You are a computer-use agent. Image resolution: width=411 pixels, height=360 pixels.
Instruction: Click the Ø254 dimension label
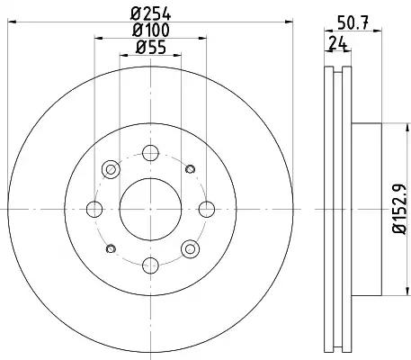click(x=150, y=13)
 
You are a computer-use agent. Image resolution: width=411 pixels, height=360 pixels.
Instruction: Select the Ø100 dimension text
click(x=150, y=30)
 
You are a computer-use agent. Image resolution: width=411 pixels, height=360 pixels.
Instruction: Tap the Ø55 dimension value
click(x=150, y=48)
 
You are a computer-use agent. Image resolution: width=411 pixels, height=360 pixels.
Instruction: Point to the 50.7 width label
click(x=353, y=22)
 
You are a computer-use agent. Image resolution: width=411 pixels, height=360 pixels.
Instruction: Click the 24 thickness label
click(x=337, y=43)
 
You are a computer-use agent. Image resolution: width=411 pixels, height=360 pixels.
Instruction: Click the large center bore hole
click(x=150, y=210)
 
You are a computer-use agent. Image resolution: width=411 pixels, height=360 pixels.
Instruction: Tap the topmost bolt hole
click(x=150, y=153)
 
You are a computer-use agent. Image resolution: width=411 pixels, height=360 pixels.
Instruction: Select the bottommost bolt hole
click(x=150, y=265)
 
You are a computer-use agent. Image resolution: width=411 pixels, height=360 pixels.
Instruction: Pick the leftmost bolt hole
click(x=94, y=210)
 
